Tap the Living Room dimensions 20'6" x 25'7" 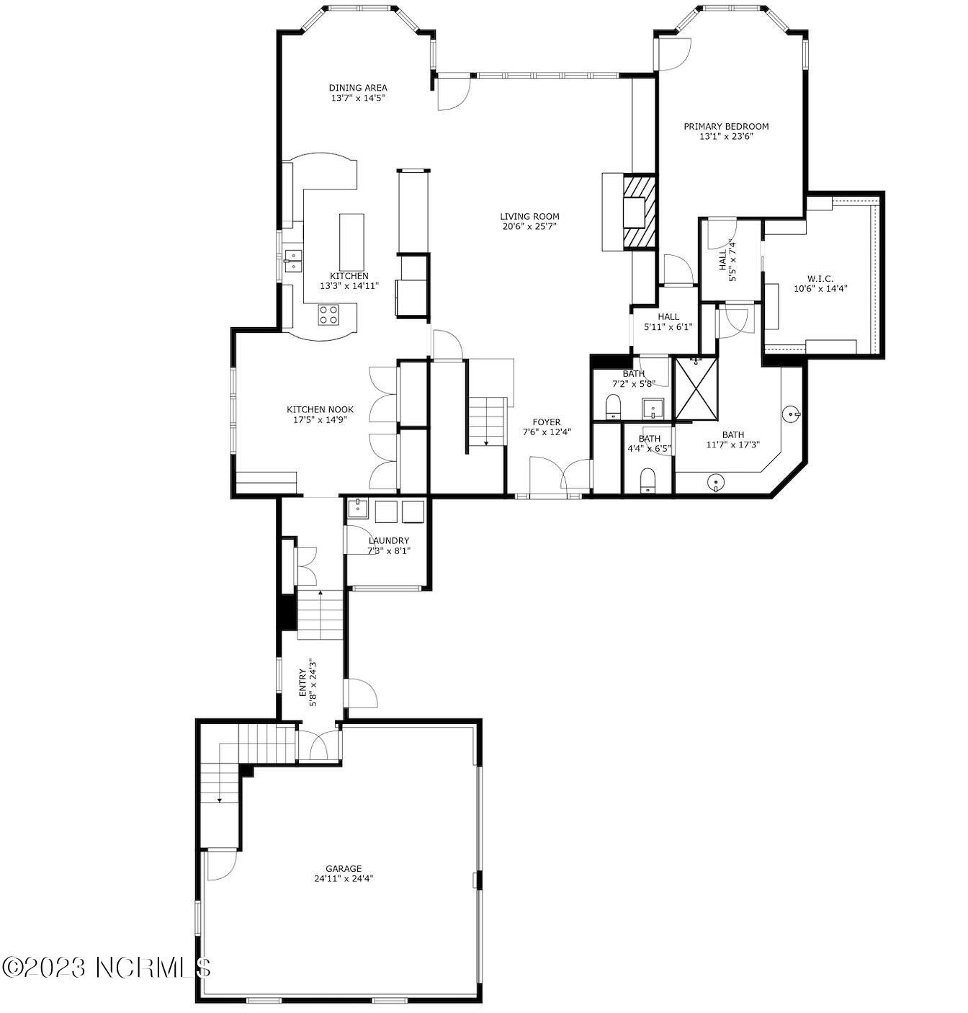tap(529, 226)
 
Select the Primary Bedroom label tap(726, 126)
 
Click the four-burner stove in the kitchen tap(329, 314)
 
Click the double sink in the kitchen tap(293, 260)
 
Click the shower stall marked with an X tap(696, 388)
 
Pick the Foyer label tap(546, 422)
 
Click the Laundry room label tap(388, 540)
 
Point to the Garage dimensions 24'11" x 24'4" tap(343, 878)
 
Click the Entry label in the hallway tap(302, 682)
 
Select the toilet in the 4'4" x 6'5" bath tap(647, 480)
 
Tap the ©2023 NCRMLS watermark tap(106, 966)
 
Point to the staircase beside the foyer tap(487, 421)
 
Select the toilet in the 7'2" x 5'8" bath tap(614, 406)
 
